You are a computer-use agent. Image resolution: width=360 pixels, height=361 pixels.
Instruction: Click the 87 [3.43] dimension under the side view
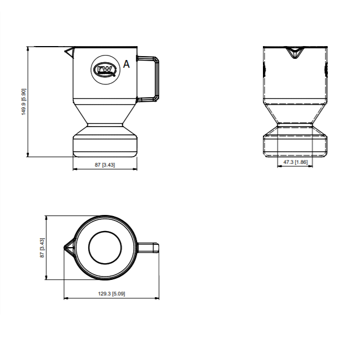(105, 165)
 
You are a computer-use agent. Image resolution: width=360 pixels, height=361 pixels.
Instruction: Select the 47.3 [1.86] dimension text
(295, 162)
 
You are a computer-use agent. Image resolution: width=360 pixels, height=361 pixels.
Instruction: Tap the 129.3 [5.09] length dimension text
(112, 293)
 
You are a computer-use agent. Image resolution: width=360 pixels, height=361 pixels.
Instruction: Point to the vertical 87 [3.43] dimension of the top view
(42, 248)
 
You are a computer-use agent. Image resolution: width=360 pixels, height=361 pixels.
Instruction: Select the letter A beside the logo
(126, 64)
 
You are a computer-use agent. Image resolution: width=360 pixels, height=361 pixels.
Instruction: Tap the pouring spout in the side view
(68, 52)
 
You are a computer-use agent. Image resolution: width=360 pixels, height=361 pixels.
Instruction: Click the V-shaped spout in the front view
(295, 53)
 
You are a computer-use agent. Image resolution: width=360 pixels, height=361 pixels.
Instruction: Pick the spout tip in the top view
(67, 247)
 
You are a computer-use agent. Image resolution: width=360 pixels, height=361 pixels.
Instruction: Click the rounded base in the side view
(105, 143)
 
